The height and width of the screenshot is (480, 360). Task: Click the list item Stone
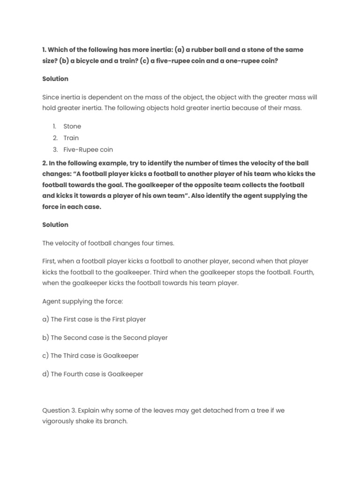pos(72,126)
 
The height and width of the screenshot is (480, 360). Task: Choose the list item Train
pos(71,138)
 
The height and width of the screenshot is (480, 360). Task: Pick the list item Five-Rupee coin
pos(88,150)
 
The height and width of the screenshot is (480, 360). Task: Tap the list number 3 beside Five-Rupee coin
pos(54,150)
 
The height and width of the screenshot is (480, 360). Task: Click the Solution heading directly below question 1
pos(55,79)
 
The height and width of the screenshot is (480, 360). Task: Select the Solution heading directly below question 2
pos(55,225)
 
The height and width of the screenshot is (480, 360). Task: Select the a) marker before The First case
pos(45,319)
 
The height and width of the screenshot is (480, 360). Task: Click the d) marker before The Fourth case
pos(45,374)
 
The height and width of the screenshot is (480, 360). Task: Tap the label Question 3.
pos(59,410)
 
